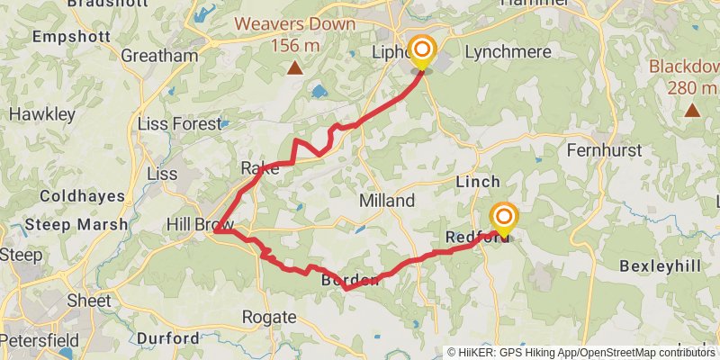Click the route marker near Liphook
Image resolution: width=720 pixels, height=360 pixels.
[420, 50]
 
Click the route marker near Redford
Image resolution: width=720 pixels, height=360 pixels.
[503, 218]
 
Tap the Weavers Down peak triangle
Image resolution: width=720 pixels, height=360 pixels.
[294, 67]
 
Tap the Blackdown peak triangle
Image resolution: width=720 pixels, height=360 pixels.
[692, 110]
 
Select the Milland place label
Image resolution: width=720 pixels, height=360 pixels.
[386, 200]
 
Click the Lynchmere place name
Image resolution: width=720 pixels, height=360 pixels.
[508, 51]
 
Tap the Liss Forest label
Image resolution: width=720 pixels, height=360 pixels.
[179, 123]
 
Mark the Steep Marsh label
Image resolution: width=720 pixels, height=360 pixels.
[76, 224]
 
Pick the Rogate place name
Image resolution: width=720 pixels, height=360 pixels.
[269, 317]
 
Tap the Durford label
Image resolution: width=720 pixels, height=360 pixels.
[168, 338]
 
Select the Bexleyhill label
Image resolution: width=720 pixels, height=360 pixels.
[661, 266]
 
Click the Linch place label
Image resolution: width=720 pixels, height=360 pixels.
[478, 181]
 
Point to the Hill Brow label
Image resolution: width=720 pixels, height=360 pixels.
[200, 224]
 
